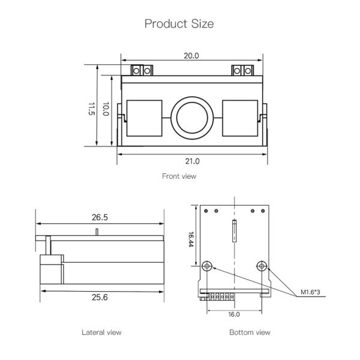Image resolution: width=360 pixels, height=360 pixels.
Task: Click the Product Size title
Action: pyautogui.click(x=179, y=23)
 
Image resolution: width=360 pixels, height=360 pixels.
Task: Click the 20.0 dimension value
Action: pyautogui.click(x=191, y=56)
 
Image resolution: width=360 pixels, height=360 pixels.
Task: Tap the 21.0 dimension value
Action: pyautogui.click(x=191, y=161)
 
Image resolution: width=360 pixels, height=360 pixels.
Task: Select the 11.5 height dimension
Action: pyautogui.click(x=92, y=109)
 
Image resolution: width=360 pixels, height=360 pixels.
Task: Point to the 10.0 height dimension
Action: pyautogui.click(x=106, y=109)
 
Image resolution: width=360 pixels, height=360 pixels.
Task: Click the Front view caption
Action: pyautogui.click(x=179, y=176)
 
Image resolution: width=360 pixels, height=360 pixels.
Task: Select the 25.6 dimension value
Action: pyautogui.click(x=100, y=297)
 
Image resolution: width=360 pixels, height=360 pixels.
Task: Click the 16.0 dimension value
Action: pyautogui.click(x=234, y=314)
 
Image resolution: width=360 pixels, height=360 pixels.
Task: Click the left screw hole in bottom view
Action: pyautogui.click(x=208, y=266)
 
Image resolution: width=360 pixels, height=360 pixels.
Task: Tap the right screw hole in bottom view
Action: pyautogui.click(x=262, y=266)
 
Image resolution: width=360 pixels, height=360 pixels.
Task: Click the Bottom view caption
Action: pyautogui.click(x=250, y=332)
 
